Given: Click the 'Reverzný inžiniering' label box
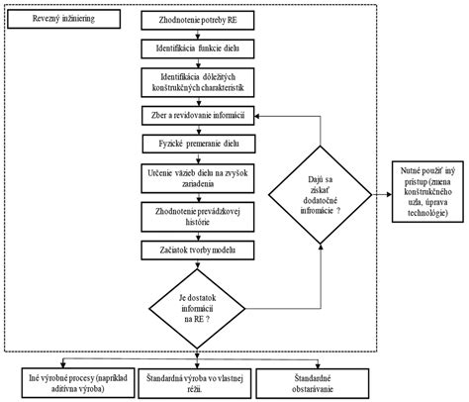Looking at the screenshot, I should (x=52, y=21).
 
